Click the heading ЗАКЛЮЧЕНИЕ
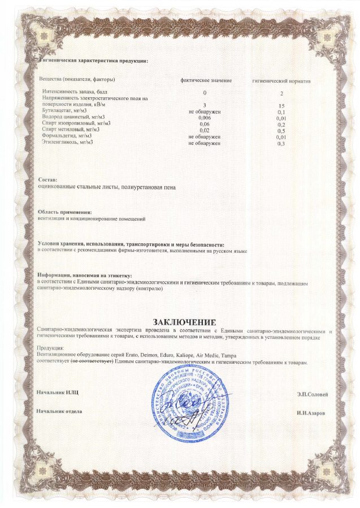(180, 322)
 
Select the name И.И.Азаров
(311, 414)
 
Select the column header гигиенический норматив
(281, 80)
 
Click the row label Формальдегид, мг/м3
(67, 136)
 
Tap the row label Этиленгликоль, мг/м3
(67, 142)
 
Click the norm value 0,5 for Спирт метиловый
(281, 130)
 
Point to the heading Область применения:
(64, 212)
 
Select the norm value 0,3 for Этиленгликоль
(281, 143)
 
